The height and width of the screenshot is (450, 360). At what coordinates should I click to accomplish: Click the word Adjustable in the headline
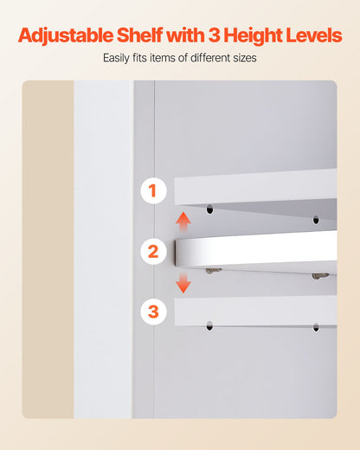67,35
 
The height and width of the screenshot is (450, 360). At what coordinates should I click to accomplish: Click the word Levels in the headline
316,35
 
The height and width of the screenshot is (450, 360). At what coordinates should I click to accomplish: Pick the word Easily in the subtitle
119,59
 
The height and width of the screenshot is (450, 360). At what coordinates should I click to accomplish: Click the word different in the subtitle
208,59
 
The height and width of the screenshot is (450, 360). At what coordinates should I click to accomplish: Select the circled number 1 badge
153,190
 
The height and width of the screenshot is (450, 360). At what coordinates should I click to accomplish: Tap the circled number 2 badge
153,252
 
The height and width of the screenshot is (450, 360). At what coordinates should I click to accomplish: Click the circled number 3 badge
153,311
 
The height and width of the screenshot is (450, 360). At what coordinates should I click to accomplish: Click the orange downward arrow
183,283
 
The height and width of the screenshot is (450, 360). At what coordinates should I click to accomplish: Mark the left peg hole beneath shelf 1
209,209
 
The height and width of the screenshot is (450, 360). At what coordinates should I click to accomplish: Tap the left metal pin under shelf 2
213,271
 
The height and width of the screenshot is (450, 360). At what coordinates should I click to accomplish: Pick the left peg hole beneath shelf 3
209,327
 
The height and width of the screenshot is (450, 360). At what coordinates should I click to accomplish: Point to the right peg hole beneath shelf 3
315,327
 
